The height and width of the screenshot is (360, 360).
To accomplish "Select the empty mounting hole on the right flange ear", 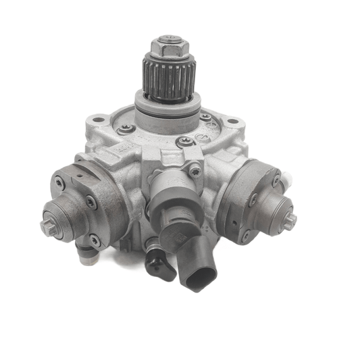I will pyautogui.click(x=232, y=122).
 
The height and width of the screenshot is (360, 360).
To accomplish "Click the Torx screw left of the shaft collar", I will pyautogui.click(x=123, y=130).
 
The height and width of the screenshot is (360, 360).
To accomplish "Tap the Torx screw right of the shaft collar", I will pyautogui.click(x=205, y=118).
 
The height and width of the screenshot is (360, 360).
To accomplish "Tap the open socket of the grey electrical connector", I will pyautogui.click(x=201, y=277).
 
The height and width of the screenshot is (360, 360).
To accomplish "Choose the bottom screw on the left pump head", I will pyautogui.click(x=95, y=240).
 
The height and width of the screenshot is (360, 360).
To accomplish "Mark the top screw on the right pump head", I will pyautogui.click(x=276, y=180).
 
